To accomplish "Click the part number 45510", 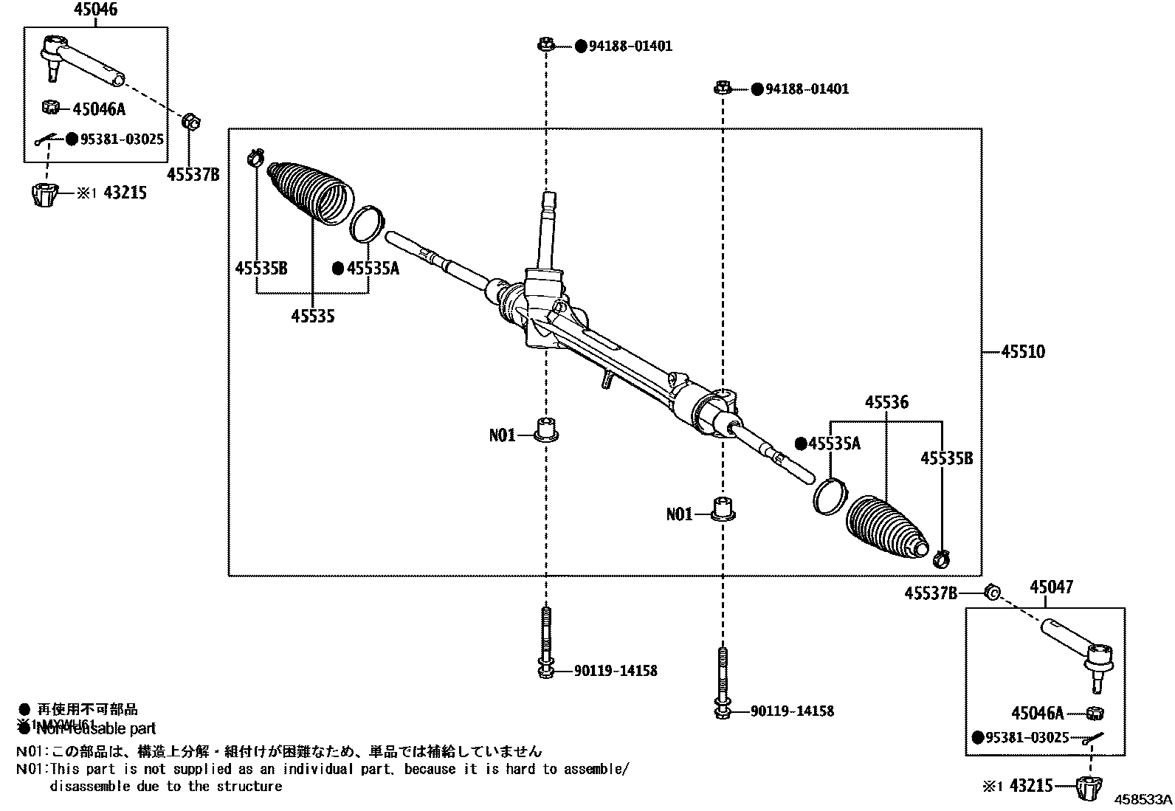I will click(1023, 351).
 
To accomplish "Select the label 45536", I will click(886, 402).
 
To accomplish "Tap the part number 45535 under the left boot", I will click(312, 316).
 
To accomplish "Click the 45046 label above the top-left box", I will click(95, 10).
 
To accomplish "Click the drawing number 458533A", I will click(1143, 799).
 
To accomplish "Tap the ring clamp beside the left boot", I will click(367, 224).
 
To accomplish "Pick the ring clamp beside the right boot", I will click(830, 494).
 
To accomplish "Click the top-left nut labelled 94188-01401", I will click(545, 46).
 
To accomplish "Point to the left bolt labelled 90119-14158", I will click(545, 642).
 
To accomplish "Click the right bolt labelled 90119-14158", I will click(722, 683).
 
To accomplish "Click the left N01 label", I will click(502, 435).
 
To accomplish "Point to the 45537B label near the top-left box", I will click(193, 175).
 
